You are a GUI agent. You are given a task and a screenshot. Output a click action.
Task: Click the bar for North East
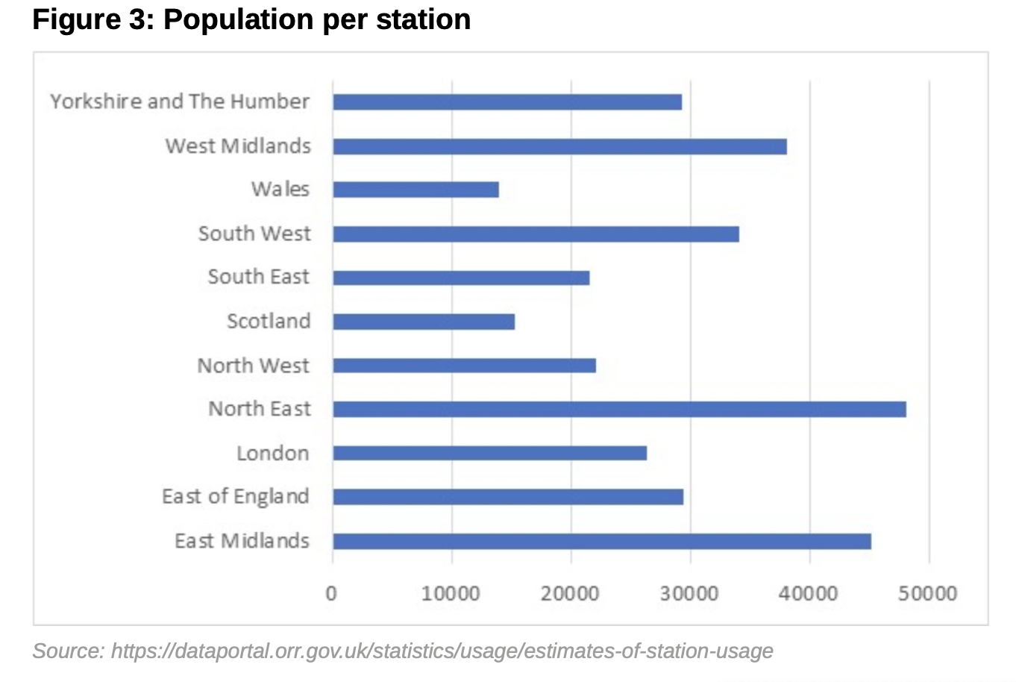click(x=619, y=409)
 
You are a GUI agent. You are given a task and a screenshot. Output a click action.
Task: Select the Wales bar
click(x=416, y=190)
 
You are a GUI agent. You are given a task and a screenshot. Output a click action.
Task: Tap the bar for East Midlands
click(x=602, y=541)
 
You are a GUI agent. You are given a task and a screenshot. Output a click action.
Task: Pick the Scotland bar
click(x=424, y=322)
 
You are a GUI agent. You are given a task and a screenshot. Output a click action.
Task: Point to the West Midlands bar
click(x=559, y=146)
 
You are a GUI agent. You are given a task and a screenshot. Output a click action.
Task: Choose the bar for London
click(x=489, y=453)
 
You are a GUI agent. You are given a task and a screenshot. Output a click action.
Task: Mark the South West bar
click(x=536, y=234)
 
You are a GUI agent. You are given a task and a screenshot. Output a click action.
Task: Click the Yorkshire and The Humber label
click(x=180, y=101)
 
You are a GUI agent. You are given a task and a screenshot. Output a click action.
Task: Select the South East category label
click(x=258, y=277)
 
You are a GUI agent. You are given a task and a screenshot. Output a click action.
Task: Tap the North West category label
click(x=253, y=366)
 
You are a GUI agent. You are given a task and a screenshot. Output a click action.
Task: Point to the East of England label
click(x=236, y=497)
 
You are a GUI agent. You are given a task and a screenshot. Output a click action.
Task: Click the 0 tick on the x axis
click(x=331, y=594)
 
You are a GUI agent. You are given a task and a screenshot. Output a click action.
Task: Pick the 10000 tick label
click(x=451, y=594)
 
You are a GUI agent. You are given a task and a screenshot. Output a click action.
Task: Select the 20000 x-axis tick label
click(x=570, y=594)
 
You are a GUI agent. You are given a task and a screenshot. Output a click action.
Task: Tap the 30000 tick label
click(x=689, y=594)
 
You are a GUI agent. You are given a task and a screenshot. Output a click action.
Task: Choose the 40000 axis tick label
click(x=809, y=594)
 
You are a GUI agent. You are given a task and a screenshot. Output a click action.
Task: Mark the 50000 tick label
click(x=928, y=594)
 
